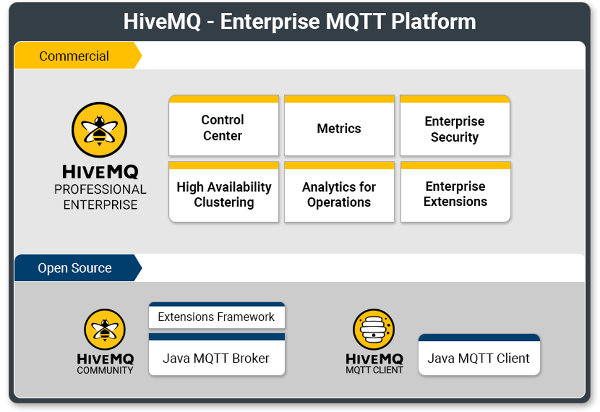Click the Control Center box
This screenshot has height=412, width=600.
[223, 128]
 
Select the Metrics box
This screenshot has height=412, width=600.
[339, 128]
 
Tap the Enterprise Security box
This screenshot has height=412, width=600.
[454, 129]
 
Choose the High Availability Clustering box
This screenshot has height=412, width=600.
[223, 194]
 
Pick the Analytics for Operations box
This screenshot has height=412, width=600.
[339, 194]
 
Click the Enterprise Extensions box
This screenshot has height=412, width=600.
[455, 194]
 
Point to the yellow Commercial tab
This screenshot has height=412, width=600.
[74, 56]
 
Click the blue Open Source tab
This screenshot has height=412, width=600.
[75, 268]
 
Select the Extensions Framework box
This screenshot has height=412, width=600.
[216, 316]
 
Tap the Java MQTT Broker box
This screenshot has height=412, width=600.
[216, 358]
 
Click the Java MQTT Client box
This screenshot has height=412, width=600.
[478, 358]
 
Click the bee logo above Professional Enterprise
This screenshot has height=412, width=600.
[99, 130]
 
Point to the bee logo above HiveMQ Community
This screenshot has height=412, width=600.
[105, 329]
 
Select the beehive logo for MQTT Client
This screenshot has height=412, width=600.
[374, 329]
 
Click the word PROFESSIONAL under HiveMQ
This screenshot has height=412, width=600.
[100, 189]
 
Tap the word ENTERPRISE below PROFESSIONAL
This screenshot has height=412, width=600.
[100, 205]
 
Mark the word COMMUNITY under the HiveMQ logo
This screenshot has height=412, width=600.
[105, 370]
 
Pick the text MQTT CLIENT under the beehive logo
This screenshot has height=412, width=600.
[374, 370]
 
